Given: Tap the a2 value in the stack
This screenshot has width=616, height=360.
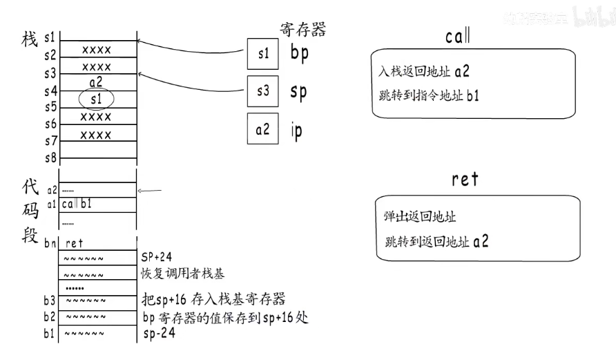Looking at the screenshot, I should [96, 82].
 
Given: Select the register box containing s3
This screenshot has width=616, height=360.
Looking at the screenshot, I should [263, 91].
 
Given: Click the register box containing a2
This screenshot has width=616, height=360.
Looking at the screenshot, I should [263, 129].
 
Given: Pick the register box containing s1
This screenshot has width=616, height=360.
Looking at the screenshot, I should [263, 55].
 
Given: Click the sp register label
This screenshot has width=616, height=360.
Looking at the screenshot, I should [298, 92].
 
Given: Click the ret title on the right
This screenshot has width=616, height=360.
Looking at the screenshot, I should [465, 179].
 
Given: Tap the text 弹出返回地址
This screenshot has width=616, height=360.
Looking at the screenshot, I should [420, 217].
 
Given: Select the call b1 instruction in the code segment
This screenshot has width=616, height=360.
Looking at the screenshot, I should [78, 205].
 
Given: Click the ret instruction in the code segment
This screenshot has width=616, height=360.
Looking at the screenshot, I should [75, 243].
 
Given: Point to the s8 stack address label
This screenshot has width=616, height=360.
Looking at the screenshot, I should [50, 157].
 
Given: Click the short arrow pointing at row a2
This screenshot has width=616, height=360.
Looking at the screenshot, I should [151, 191].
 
